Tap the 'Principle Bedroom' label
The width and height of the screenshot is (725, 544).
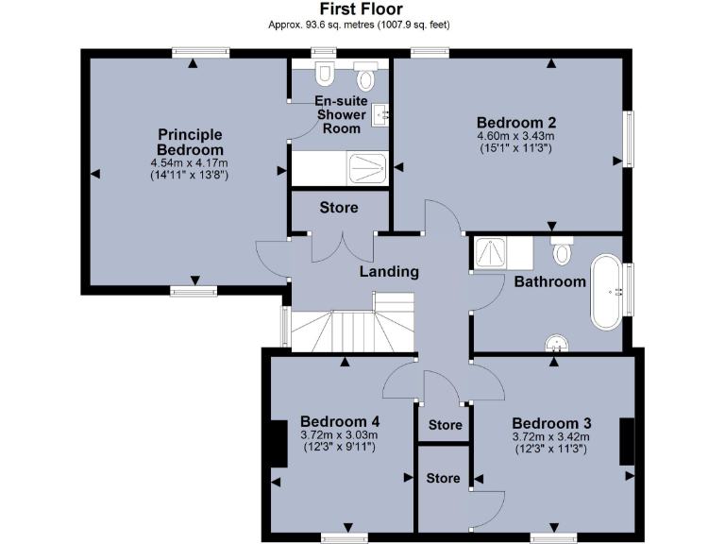tap(190, 142)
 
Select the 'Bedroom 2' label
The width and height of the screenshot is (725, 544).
tap(515, 122)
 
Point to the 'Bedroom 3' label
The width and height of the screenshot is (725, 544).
tap(551, 422)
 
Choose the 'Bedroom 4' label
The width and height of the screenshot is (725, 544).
tap(340, 421)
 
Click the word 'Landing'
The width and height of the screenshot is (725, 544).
tap(389, 272)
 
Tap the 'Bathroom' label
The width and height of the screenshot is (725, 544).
tap(549, 281)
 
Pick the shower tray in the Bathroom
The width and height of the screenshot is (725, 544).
tap(490, 252)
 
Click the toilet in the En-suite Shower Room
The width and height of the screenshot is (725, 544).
tap(325, 73)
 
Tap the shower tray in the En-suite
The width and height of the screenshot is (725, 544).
tap(367, 168)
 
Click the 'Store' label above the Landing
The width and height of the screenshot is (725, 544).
tap(338, 208)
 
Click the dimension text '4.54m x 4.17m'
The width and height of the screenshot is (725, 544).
tap(190, 162)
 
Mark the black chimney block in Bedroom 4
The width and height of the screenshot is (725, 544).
tap(278, 443)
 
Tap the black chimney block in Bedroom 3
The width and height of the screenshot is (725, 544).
tap(625, 441)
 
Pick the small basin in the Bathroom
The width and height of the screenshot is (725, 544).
tap(561, 345)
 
